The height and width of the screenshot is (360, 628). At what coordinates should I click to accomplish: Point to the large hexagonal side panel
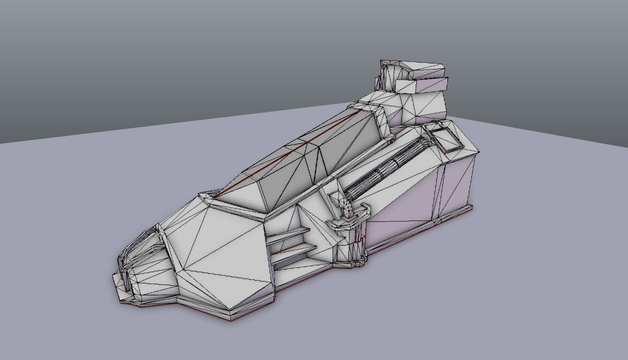218,252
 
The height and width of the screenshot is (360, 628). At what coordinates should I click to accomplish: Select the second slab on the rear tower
421,85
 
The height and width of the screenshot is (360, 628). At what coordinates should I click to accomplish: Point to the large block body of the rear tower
423,107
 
